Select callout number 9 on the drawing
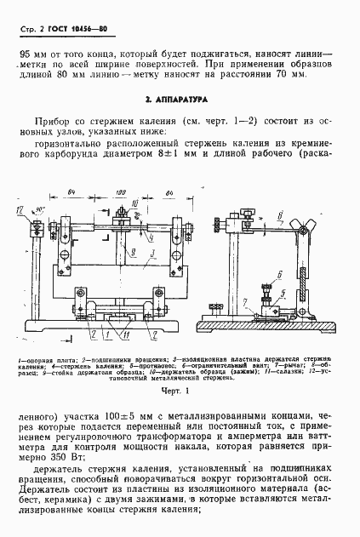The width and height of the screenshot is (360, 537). coord(125,252)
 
